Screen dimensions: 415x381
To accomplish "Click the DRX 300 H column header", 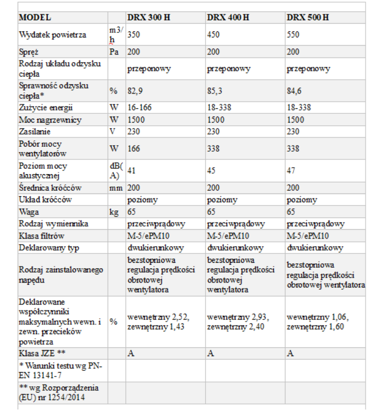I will click(148, 18).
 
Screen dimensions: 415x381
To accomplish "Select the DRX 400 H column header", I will click(228, 18).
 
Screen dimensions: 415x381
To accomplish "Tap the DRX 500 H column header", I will click(308, 18).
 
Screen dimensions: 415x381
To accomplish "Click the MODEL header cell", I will click(35, 18).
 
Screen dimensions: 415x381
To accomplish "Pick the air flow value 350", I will click(134, 35).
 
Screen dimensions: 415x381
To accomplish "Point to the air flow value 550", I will click(294, 35).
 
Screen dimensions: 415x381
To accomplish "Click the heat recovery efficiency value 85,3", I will click(214, 91).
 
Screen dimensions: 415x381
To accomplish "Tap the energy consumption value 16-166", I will click(139, 108).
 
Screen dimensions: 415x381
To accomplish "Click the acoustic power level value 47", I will click(291, 171).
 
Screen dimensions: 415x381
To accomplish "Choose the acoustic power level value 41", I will click(131, 171).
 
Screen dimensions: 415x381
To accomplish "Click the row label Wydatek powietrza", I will click(53, 35).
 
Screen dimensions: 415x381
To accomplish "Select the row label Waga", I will click(28, 212).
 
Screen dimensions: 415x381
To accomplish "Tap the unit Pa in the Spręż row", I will click(114, 52).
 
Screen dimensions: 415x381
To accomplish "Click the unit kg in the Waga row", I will click(114, 212).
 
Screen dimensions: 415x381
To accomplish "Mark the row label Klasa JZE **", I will click(42, 353).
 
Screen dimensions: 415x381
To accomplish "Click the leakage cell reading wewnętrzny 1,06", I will click(318, 317).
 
